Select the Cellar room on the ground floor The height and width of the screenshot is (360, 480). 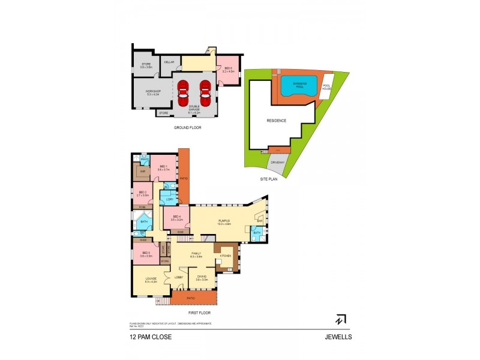tap(169, 62)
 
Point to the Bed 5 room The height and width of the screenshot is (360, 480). tap(228, 70)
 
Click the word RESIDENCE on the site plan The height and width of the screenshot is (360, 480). tap(276, 121)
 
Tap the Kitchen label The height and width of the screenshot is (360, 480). tap(225, 256)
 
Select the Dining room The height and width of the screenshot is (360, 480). tap(202, 277)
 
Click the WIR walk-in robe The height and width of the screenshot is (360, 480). tap(143, 172)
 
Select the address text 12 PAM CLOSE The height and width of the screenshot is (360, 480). tap(151, 337)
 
